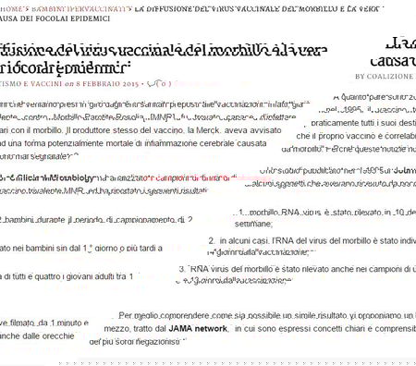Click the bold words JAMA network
coord(198,328)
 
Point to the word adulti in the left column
coord(112,276)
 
